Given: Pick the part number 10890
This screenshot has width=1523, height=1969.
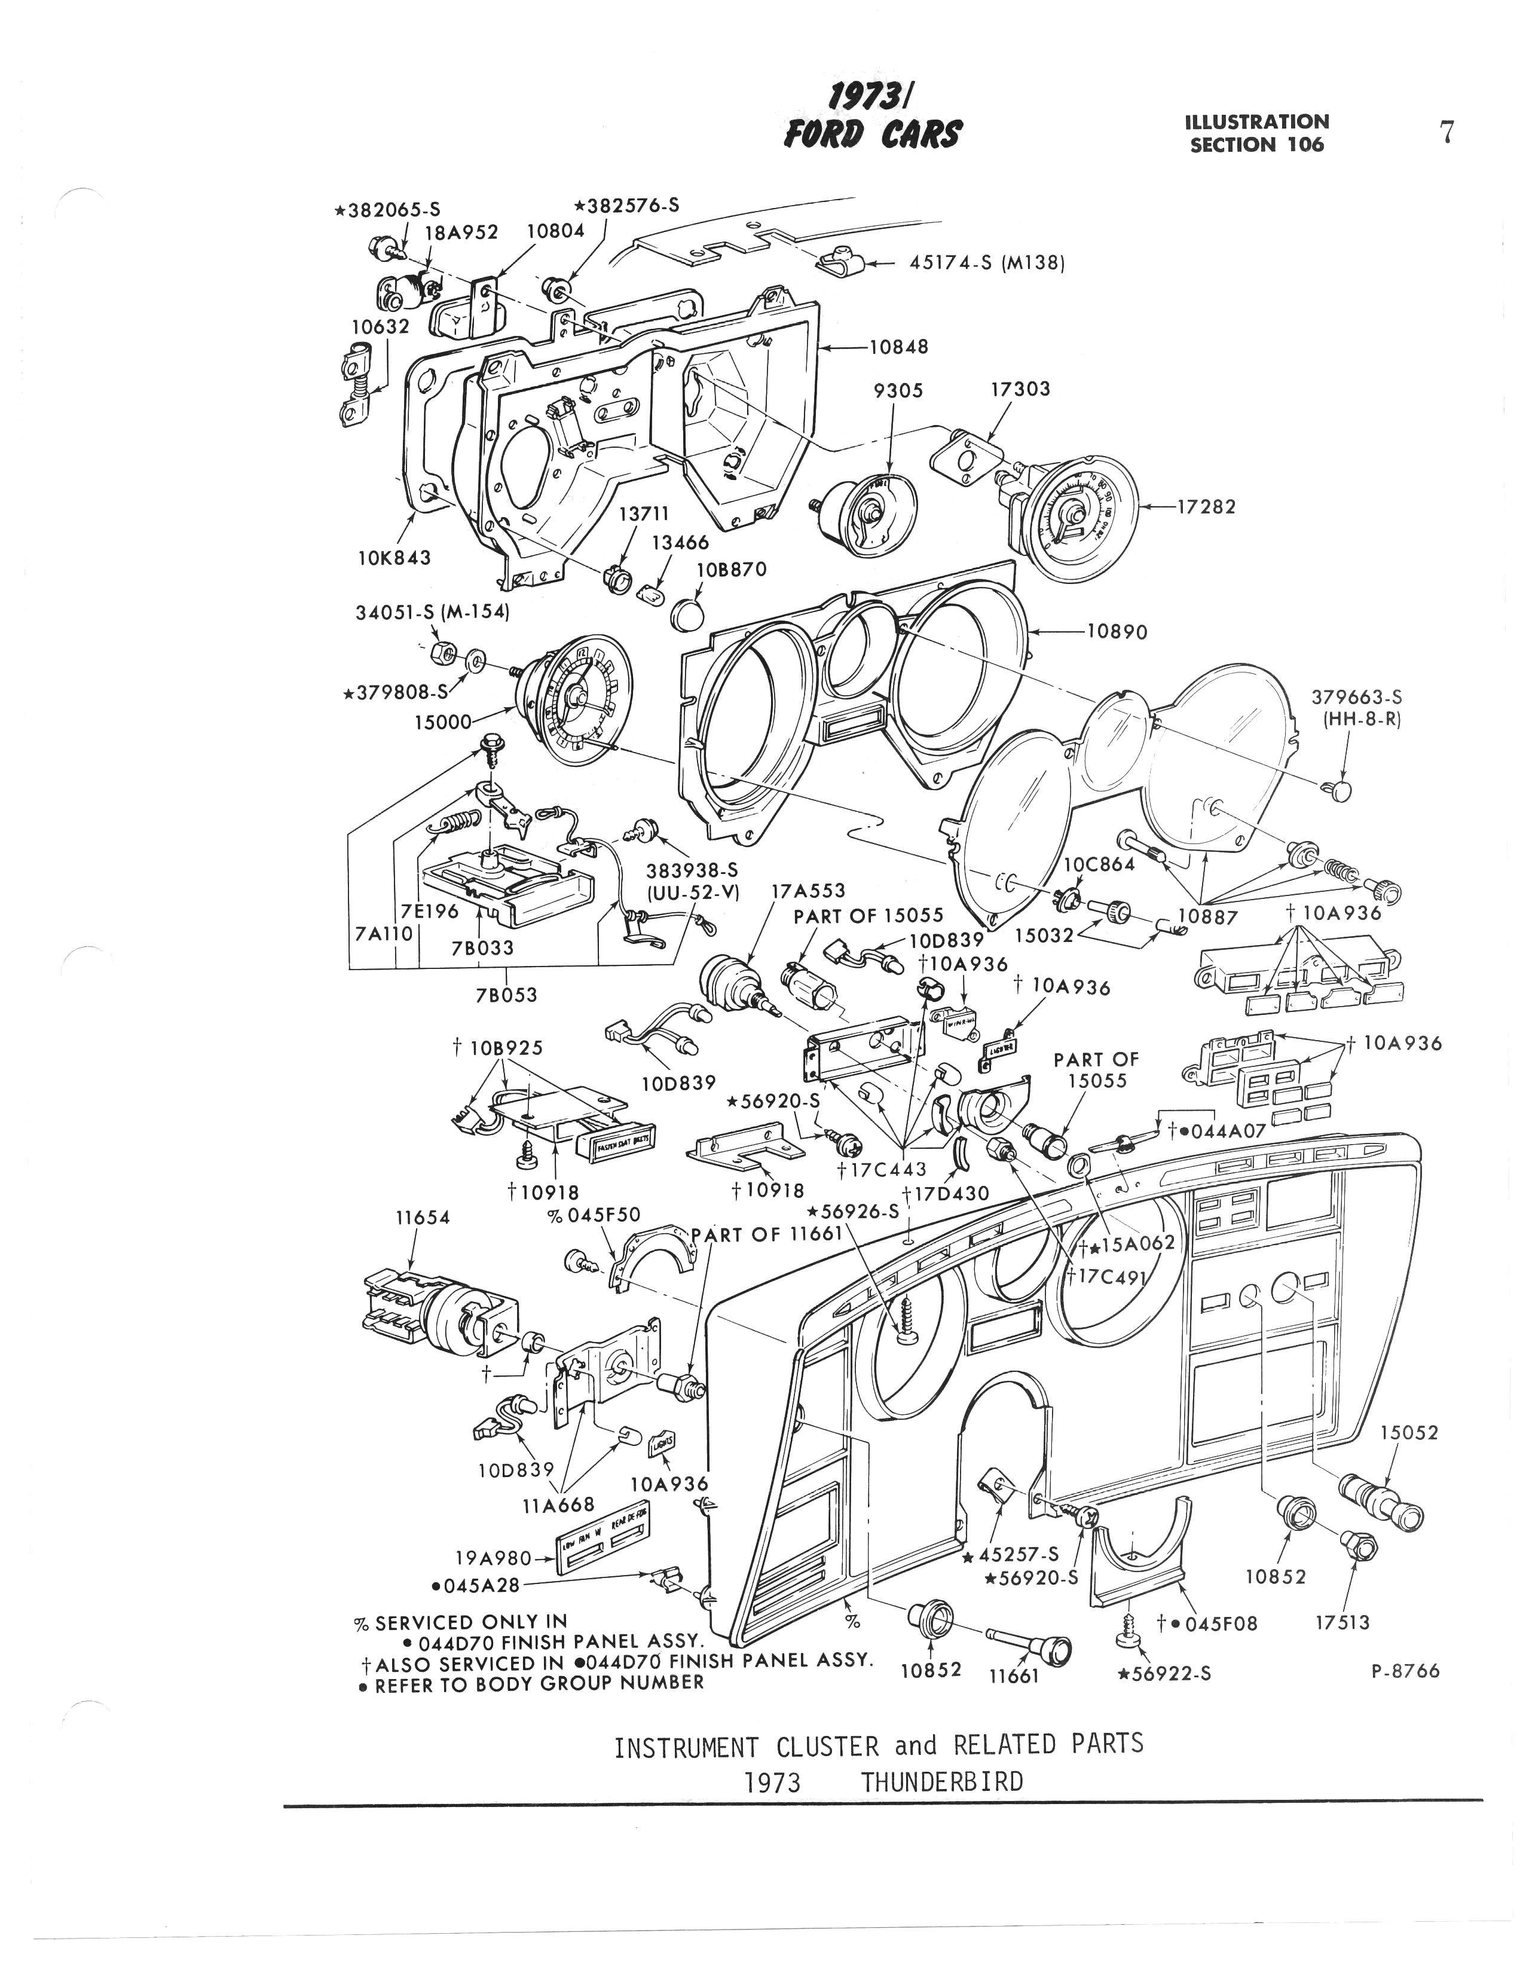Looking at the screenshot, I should [1117, 631].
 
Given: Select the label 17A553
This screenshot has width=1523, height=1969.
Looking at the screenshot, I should [808, 891].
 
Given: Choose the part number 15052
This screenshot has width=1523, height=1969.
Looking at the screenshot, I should [1408, 1433].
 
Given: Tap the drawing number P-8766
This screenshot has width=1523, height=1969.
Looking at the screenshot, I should [1405, 1671].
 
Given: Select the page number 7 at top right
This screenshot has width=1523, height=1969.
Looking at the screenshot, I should [1446, 133].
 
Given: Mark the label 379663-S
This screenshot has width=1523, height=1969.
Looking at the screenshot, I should [1356, 697].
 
